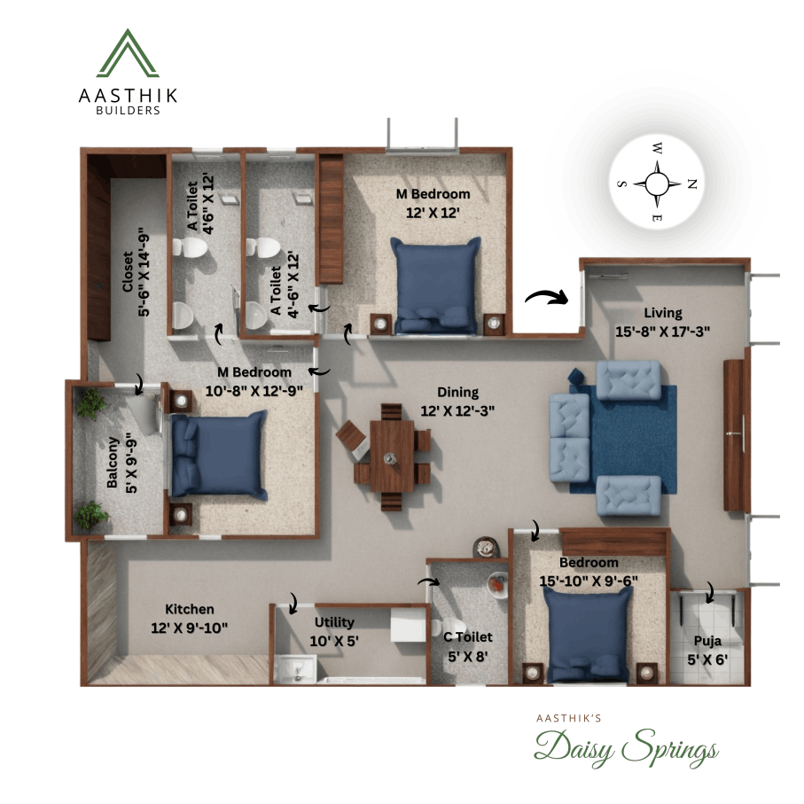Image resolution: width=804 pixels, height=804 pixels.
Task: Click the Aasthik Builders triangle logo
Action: (x=127, y=53)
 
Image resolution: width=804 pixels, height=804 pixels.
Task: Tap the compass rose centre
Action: (x=656, y=183)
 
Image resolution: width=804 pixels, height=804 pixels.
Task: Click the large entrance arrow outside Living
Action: (x=546, y=296)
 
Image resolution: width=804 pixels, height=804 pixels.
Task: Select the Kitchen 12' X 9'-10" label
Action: (x=190, y=618)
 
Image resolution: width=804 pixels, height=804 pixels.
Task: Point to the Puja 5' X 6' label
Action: (x=707, y=652)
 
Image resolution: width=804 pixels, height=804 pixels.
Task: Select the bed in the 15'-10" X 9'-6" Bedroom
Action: (x=587, y=634)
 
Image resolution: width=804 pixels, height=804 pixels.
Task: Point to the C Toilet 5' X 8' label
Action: (x=467, y=645)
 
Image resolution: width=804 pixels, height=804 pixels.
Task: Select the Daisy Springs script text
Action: (x=625, y=749)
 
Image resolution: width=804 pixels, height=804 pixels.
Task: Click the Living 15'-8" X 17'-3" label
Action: (x=663, y=321)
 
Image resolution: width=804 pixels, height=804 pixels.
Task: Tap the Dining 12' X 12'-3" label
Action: (x=457, y=401)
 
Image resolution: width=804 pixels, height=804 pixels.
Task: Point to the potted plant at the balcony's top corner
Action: (x=90, y=405)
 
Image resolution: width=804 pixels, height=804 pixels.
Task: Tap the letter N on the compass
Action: (x=692, y=183)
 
